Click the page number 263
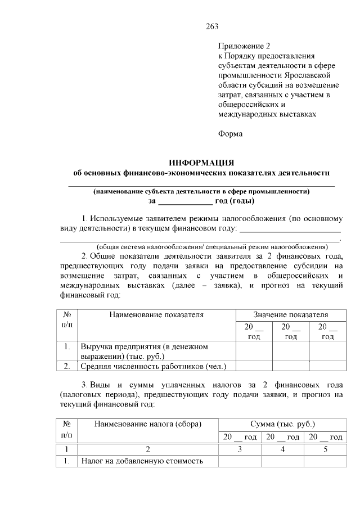212,26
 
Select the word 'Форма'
230,134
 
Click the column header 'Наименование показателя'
156,315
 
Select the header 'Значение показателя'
290,315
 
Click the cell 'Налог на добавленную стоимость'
141,461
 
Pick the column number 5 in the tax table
325,449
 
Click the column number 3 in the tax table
240,449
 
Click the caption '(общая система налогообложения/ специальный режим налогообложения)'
211,246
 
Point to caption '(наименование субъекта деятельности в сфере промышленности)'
201,191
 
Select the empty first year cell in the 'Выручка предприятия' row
254,352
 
